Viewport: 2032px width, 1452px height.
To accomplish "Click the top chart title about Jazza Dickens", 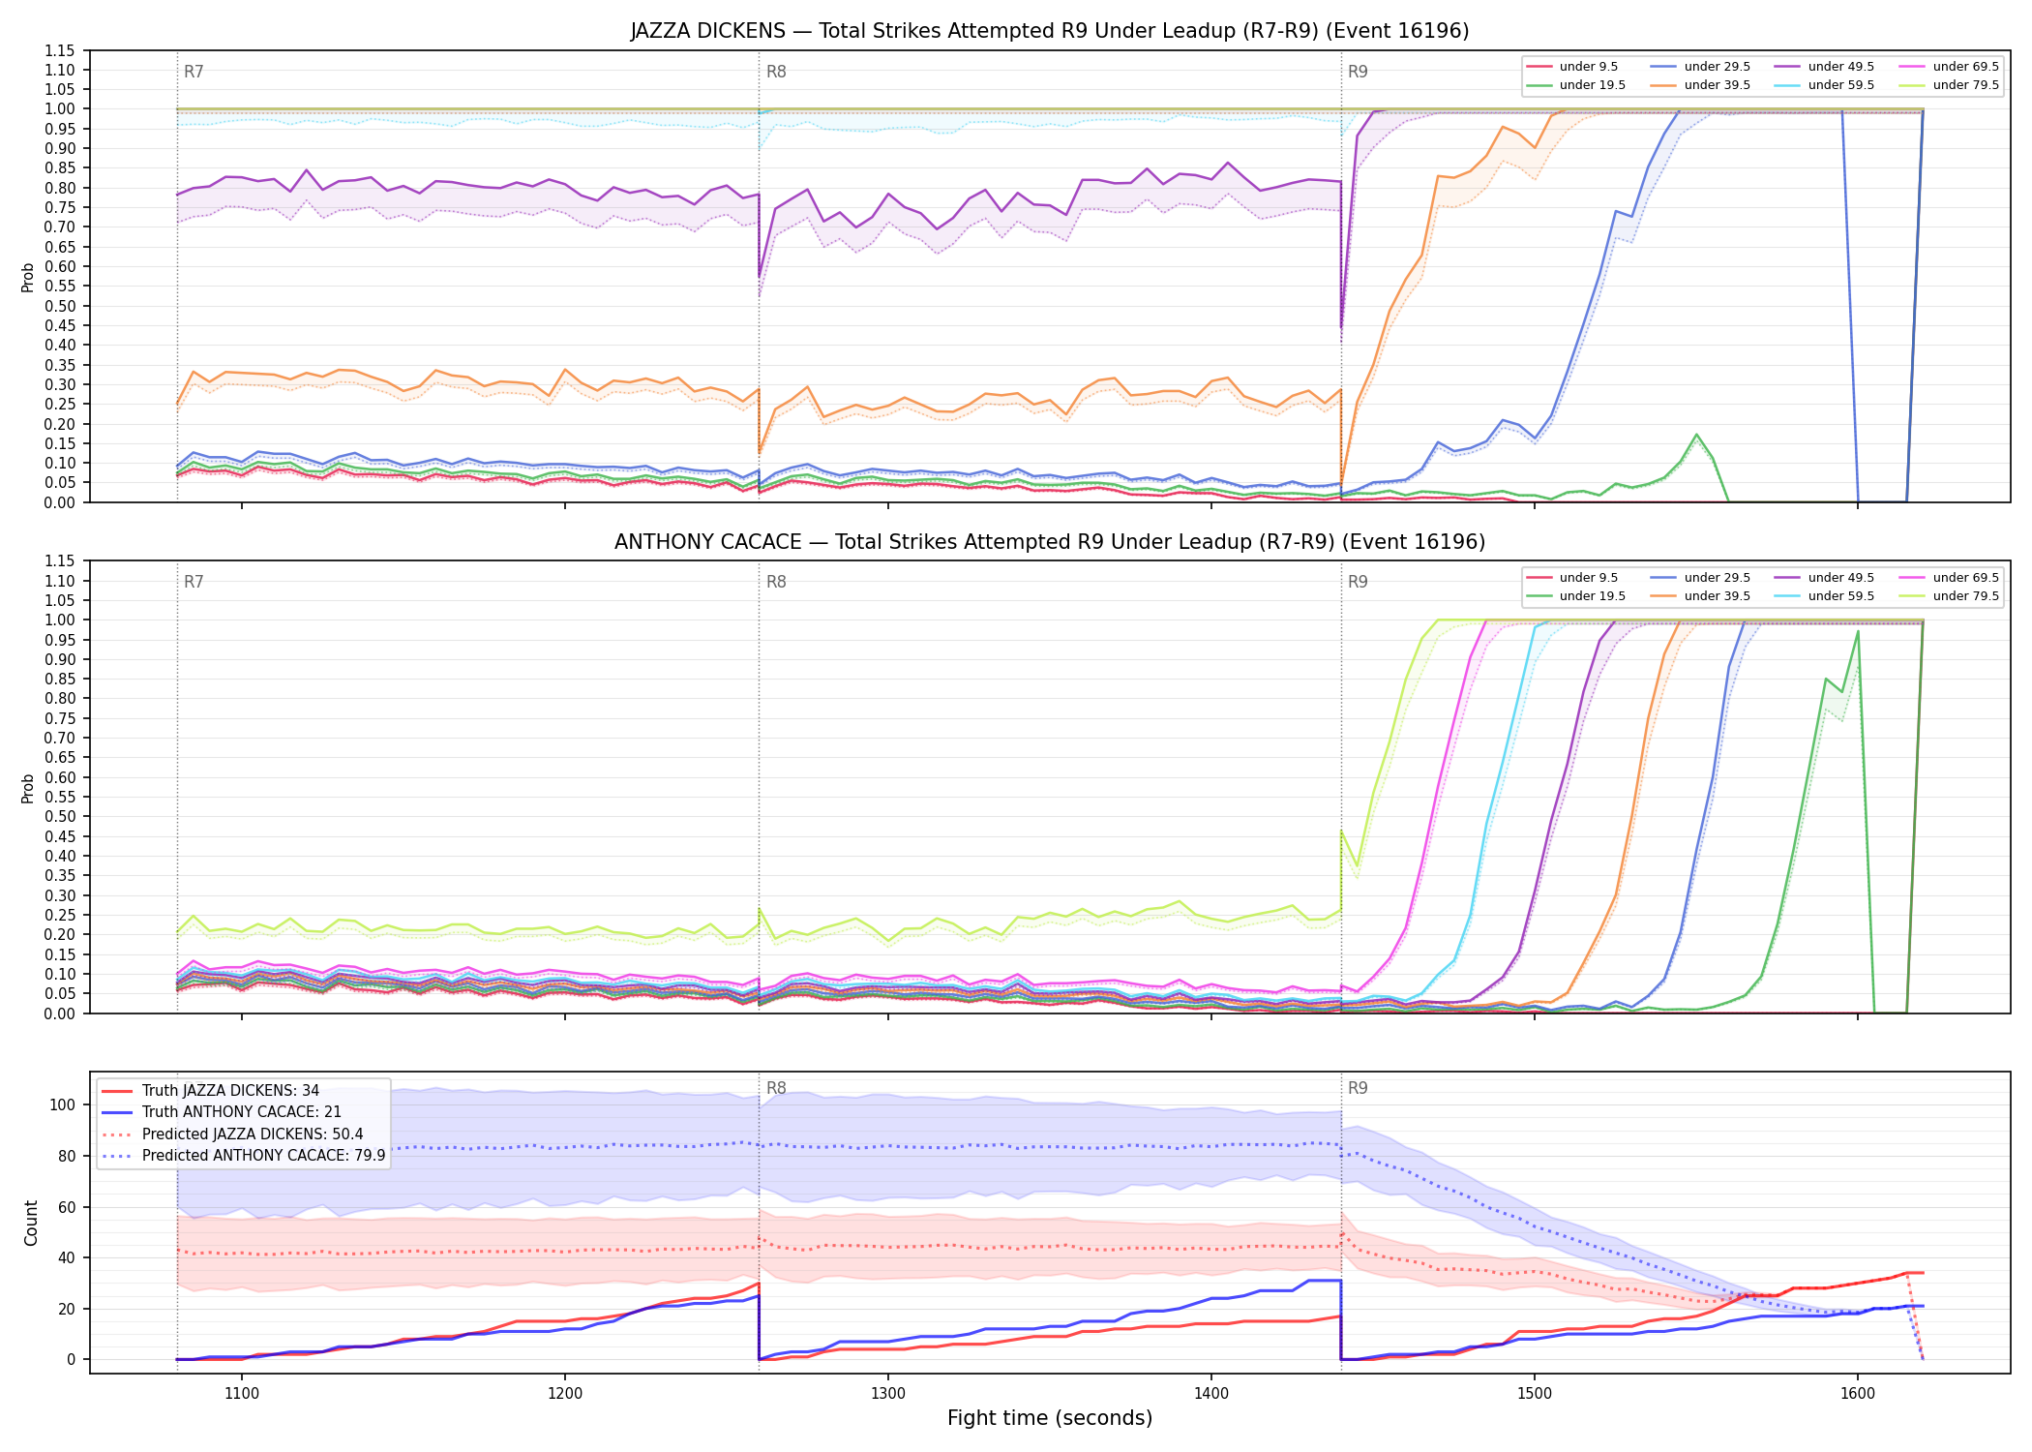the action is tap(1050, 31).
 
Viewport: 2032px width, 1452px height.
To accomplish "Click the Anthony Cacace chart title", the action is tap(1050, 542).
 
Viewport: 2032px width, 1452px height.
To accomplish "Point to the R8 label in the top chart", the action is tap(776, 72).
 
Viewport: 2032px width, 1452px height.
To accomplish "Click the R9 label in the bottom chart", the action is tap(1358, 1088).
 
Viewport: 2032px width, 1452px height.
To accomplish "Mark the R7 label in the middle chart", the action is tap(194, 582).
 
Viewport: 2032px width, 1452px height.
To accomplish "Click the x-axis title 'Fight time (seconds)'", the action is tap(1050, 1418).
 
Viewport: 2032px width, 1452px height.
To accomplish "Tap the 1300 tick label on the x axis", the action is tap(888, 1393).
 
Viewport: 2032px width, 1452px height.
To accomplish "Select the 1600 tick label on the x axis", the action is tap(1858, 1393).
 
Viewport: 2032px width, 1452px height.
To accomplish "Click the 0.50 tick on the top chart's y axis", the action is tap(60, 306).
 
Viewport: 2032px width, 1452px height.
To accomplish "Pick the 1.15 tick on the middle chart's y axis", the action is tap(60, 561).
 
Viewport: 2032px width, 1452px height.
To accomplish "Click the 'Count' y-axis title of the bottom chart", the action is tap(32, 1223).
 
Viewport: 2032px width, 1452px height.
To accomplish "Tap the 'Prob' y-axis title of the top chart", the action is tap(28, 277).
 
